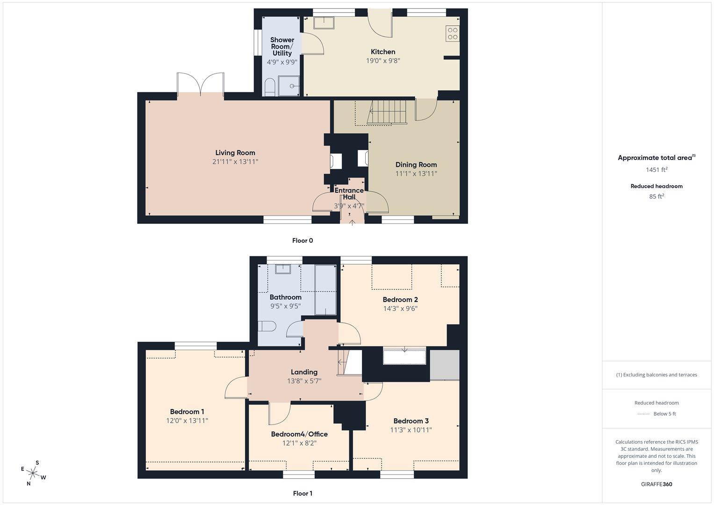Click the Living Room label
(x=235, y=152)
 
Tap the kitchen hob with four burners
(x=453, y=34)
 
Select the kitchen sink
(x=323, y=22)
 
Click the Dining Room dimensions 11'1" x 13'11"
(x=416, y=173)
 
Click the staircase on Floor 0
(x=386, y=112)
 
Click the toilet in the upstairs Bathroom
(x=267, y=326)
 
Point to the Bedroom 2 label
(x=400, y=300)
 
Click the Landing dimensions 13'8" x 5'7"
(x=304, y=381)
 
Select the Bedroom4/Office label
(x=299, y=434)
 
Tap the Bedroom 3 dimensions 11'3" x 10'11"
(x=411, y=430)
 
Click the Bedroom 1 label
(x=187, y=411)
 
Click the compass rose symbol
(x=33, y=473)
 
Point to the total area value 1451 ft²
(x=656, y=170)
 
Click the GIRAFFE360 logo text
(x=656, y=484)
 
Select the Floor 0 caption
(x=303, y=241)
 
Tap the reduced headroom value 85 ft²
(x=656, y=196)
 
